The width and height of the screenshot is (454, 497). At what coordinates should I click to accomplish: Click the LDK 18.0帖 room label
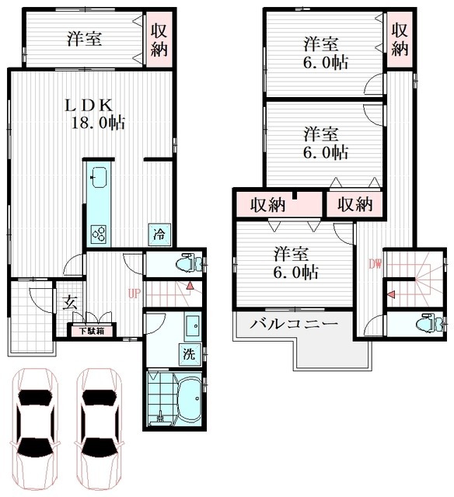coord(92,113)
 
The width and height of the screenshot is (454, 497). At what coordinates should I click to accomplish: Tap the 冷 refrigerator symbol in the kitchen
coord(158,233)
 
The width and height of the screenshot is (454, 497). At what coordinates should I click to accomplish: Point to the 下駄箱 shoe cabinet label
coord(92,332)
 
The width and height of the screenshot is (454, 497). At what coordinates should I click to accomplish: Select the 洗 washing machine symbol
coord(189,353)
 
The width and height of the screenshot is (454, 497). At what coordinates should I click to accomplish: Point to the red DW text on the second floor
coord(375,263)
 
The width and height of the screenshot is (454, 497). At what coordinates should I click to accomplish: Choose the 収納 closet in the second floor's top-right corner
coord(400,38)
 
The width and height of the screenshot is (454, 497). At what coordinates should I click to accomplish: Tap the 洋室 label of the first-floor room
coord(83,38)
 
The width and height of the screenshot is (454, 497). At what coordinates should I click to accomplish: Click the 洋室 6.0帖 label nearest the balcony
coord(294,262)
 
